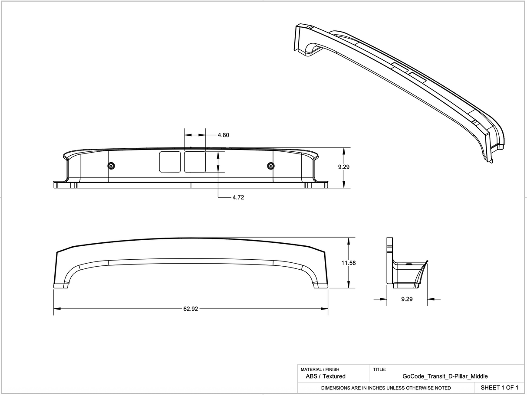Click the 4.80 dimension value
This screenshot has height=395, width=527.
pyautogui.click(x=223, y=135)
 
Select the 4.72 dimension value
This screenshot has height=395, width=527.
pyautogui.click(x=238, y=197)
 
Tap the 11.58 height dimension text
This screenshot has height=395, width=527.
pyautogui.click(x=349, y=263)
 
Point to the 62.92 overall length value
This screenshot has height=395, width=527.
pyautogui.click(x=191, y=309)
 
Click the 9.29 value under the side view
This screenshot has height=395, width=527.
pyautogui.click(x=407, y=299)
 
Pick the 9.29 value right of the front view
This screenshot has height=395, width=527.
pyautogui.click(x=343, y=166)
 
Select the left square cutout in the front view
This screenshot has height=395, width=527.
pyautogui.click(x=170, y=162)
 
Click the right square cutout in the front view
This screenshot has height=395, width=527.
pyautogui.click(x=195, y=162)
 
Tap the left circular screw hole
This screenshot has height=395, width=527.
pyautogui.click(x=111, y=166)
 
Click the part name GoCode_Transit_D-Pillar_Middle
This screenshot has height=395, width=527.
pyautogui.click(x=445, y=376)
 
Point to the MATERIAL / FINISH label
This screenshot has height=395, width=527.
pyautogui.click(x=320, y=369)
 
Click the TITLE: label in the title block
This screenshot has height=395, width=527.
pyautogui.click(x=379, y=369)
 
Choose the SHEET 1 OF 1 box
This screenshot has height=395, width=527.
pyautogui.click(x=499, y=387)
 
